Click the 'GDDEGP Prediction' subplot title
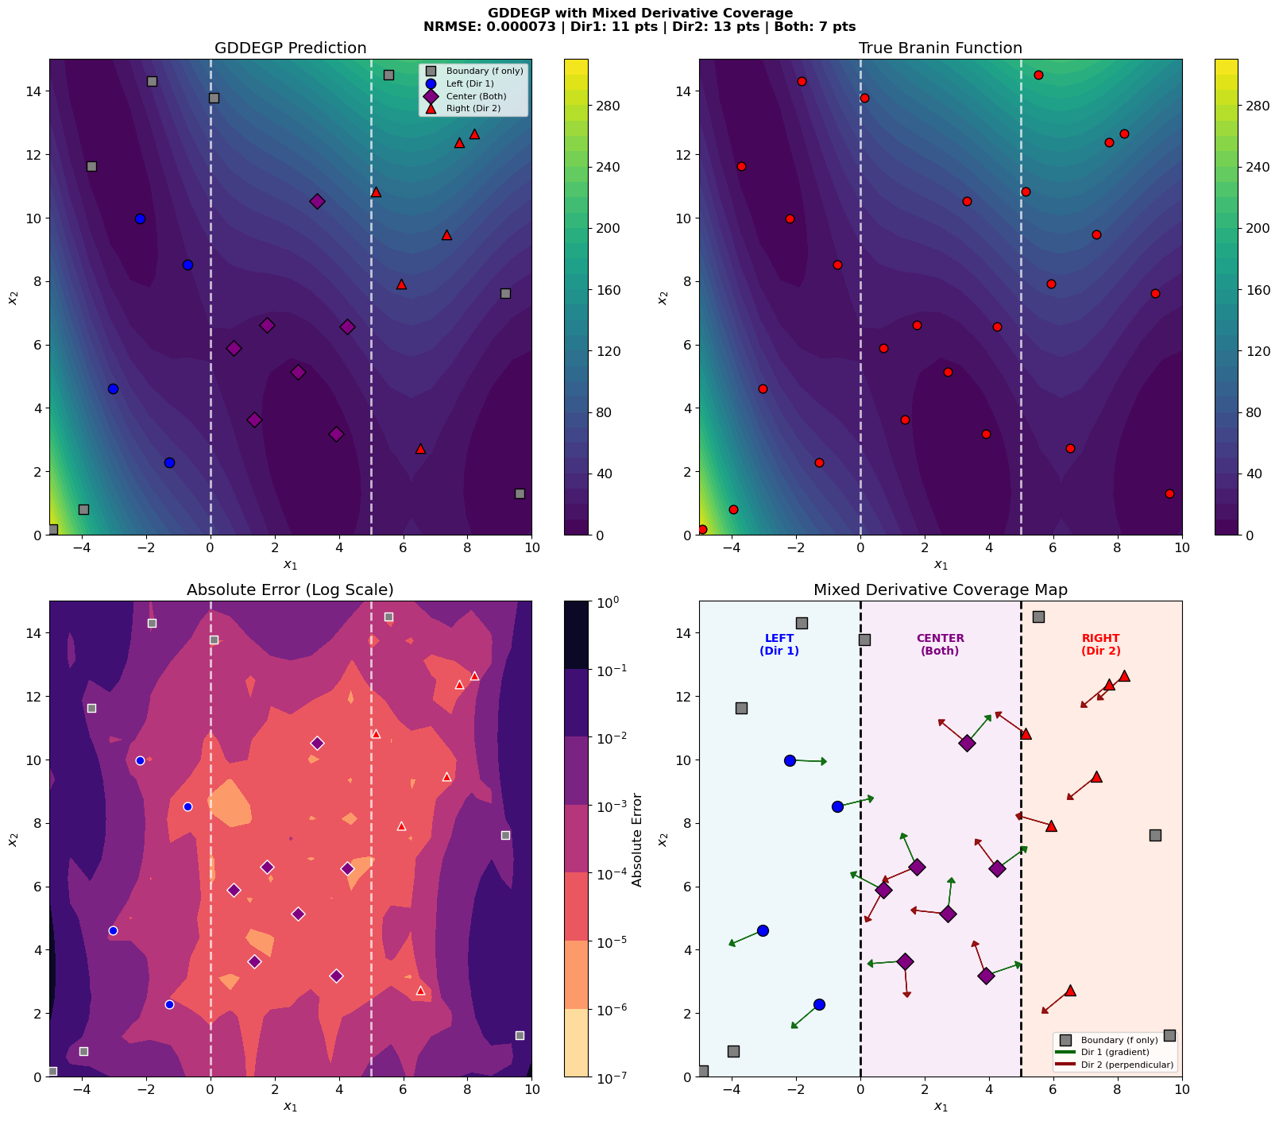(x=290, y=48)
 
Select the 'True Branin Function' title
(x=940, y=48)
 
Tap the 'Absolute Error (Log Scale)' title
(x=290, y=589)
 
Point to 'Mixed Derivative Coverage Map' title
(x=940, y=589)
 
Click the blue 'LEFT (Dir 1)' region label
(x=779, y=644)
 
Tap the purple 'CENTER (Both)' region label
(x=940, y=644)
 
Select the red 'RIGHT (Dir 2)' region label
(x=1100, y=644)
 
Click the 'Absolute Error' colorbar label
(x=636, y=839)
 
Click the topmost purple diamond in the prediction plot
(x=317, y=201)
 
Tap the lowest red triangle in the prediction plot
(x=420, y=449)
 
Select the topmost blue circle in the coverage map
(x=790, y=760)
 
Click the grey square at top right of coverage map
(x=1037, y=617)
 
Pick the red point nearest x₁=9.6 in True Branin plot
(x=1169, y=493)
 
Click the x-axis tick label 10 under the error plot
(x=531, y=1090)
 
